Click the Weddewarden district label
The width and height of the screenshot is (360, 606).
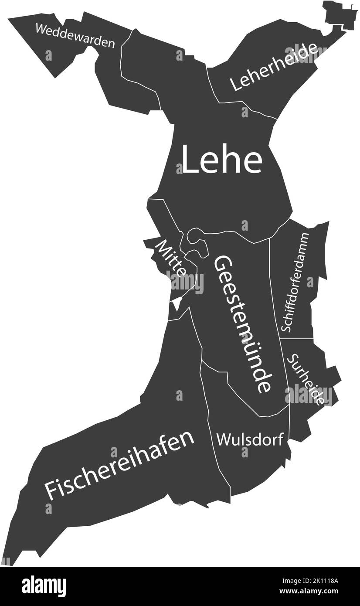point(75,36)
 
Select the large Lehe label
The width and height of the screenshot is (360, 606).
point(221,160)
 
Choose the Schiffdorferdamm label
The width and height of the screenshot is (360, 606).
point(295,282)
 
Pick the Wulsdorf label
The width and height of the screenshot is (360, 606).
point(250,439)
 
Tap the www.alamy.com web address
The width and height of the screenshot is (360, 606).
point(311,592)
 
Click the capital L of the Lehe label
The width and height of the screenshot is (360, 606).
point(189,160)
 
